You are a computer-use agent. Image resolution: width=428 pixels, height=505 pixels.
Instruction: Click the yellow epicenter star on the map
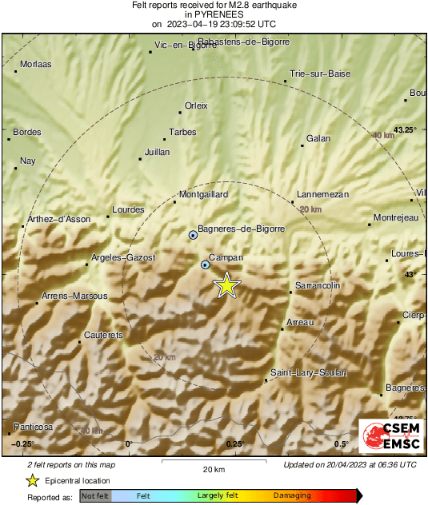[227, 285]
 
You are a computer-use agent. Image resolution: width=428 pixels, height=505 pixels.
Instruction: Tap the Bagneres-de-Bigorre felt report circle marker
[193, 235]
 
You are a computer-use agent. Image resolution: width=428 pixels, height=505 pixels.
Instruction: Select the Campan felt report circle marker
[206, 264]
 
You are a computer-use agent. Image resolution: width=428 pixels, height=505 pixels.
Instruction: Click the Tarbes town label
[182, 133]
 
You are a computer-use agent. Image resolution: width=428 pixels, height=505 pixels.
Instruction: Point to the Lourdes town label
[128, 210]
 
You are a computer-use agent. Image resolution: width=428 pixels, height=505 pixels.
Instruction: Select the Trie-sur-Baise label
[320, 74]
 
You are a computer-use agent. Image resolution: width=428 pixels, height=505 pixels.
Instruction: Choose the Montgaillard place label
[203, 194]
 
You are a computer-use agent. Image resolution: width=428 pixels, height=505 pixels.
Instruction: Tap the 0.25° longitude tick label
[234, 443]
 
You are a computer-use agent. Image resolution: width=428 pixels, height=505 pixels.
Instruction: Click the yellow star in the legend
[32, 480]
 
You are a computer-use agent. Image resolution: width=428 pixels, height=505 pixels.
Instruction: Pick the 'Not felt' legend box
[95, 496]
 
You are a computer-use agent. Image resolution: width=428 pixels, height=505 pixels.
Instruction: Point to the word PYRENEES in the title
[214, 14]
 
